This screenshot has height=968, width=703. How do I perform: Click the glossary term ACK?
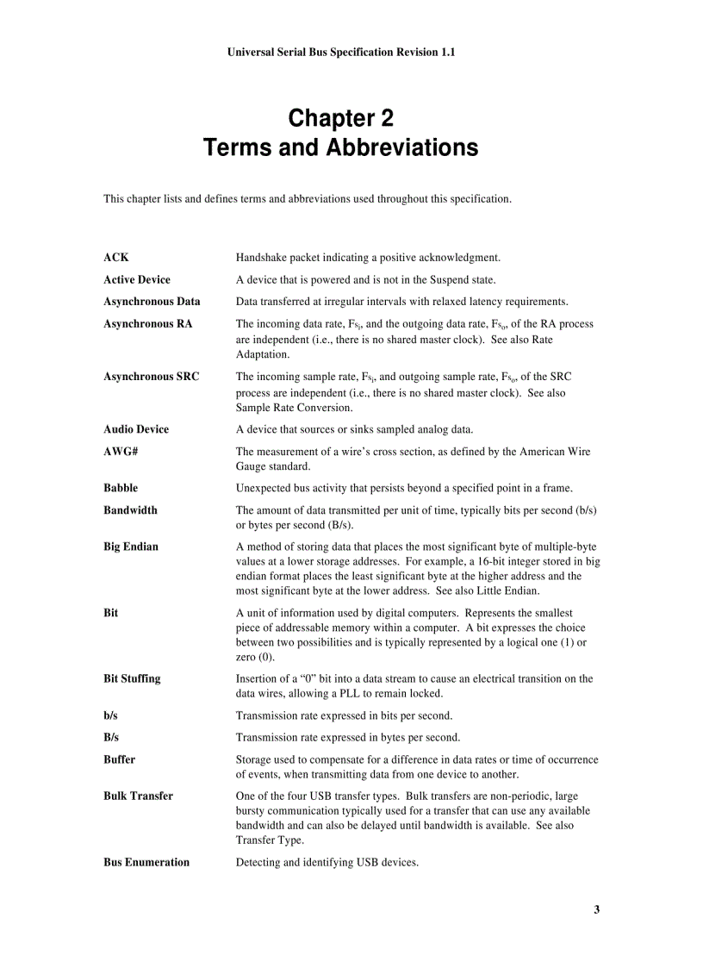point(116,257)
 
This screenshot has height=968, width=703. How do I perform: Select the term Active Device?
point(137,279)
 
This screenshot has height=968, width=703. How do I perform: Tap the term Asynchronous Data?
point(152,302)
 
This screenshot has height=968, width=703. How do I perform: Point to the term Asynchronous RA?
point(148,324)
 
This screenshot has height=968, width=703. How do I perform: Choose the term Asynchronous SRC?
point(152,377)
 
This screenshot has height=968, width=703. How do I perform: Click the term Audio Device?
point(136,429)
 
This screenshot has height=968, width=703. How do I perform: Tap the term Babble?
point(121,488)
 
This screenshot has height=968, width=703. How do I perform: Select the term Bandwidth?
point(130,510)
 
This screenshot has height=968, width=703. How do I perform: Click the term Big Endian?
point(131,546)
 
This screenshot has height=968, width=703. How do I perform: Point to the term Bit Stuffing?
point(132,678)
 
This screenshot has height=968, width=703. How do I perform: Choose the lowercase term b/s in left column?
point(111,715)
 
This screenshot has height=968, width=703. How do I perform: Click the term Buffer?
point(119,760)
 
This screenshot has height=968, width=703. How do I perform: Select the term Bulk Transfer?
point(138,796)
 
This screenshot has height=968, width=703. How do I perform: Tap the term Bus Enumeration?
point(146,862)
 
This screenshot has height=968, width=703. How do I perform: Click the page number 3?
point(596,910)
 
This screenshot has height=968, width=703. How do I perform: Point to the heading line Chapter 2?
point(340,117)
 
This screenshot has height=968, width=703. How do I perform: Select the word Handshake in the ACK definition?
point(262,257)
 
